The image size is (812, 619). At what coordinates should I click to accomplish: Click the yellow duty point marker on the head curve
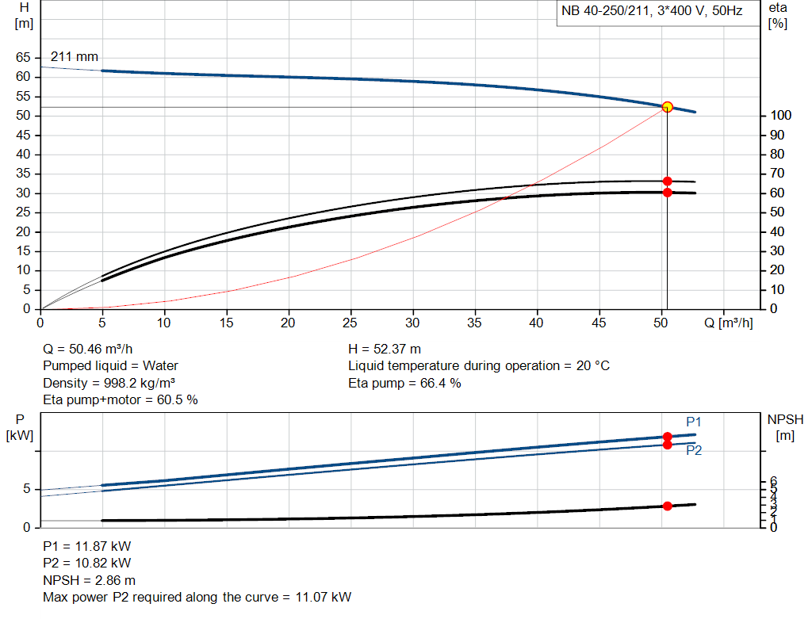[667, 107]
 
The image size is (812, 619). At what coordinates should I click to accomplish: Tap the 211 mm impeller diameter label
[75, 57]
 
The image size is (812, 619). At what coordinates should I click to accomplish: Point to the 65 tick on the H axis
[23, 58]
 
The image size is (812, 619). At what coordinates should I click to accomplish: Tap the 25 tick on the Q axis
[350, 323]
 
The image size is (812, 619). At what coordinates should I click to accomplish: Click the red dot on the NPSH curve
[667, 506]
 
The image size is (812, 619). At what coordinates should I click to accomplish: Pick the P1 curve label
[694, 422]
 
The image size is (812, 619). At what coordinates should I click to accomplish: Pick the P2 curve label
[694, 450]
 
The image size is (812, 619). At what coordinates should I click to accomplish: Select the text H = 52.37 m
[385, 349]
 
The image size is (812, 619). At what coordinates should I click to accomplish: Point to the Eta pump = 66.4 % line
[404, 383]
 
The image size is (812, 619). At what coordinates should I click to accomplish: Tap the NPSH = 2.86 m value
[89, 580]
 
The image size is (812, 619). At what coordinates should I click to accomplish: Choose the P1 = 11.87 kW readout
[87, 546]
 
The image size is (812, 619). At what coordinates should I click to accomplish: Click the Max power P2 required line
[197, 597]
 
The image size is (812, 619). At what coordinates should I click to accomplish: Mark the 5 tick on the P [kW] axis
[26, 489]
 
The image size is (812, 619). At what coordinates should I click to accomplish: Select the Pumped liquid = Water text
[110, 365]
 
